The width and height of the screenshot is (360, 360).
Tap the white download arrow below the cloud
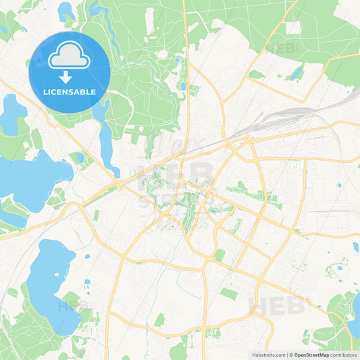click(x=69, y=76)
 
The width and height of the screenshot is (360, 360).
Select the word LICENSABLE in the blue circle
click(x=69, y=91)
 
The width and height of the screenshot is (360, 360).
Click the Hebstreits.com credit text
click(x=268, y=353)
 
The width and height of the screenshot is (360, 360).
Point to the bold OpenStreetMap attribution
click(x=311, y=353)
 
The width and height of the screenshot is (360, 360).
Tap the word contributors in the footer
click(x=344, y=353)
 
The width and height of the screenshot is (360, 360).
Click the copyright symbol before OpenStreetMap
click(x=290, y=353)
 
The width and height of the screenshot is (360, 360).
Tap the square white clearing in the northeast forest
click(x=292, y=28)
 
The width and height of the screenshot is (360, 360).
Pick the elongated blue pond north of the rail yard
click(x=295, y=74)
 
